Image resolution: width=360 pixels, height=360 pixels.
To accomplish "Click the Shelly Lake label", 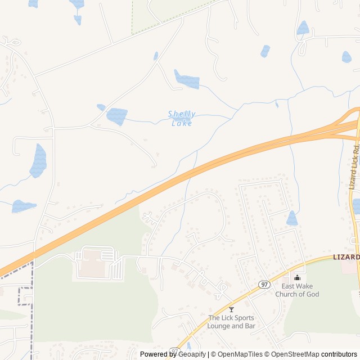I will click(x=181, y=118).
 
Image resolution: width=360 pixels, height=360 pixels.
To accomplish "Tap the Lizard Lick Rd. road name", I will click(x=354, y=166).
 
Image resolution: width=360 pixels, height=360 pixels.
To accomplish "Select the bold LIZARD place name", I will click(x=345, y=257).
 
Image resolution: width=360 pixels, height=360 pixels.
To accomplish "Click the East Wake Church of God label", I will click(x=296, y=290).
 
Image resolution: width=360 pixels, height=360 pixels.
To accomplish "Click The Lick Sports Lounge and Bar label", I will click(x=231, y=322).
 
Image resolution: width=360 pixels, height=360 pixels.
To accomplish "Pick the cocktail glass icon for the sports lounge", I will click(x=231, y=309).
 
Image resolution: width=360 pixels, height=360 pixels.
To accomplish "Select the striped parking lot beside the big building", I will click(x=116, y=268).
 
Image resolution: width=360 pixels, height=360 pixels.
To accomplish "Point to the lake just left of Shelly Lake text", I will click(x=117, y=116).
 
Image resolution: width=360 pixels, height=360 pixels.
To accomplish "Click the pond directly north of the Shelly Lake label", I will click(x=186, y=80).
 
